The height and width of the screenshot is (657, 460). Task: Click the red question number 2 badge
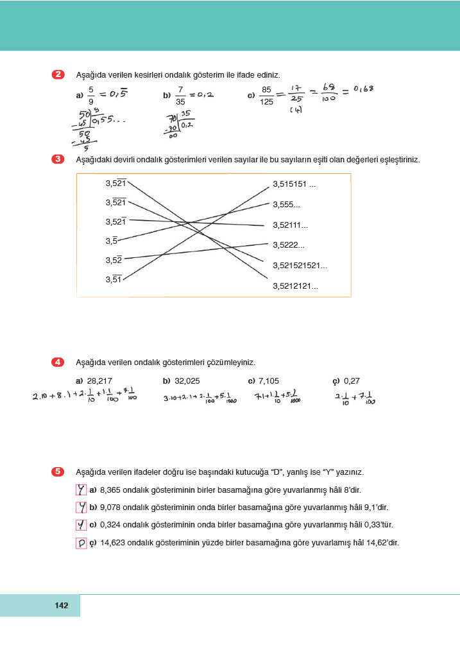(x=58, y=75)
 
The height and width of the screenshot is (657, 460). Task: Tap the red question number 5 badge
(x=58, y=472)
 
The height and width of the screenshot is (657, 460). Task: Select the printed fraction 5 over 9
(x=91, y=95)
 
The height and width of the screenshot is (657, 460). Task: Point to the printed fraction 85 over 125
(x=266, y=95)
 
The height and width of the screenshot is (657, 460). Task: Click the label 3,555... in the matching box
(x=287, y=205)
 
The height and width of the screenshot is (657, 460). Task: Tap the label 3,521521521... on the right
(x=300, y=265)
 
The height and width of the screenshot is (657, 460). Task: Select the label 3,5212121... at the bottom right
(x=295, y=286)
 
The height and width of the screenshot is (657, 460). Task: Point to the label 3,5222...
(x=289, y=245)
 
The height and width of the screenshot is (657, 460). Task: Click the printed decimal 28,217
(x=99, y=380)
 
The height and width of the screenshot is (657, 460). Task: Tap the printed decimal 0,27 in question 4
(x=353, y=380)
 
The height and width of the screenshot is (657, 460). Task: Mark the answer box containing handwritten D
(x=81, y=543)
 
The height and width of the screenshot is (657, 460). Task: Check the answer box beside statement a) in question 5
(x=81, y=490)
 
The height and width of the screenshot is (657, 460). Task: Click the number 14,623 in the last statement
(x=112, y=543)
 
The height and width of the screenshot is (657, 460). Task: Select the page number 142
(x=62, y=606)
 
